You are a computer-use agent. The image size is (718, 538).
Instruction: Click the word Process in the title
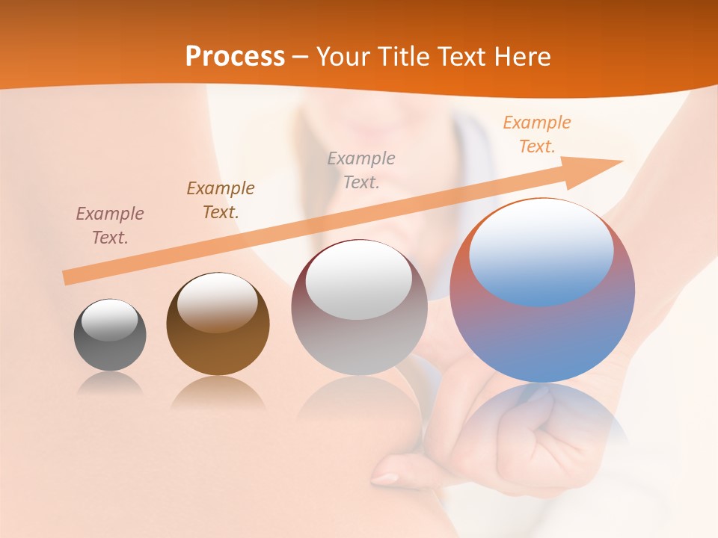(x=235, y=57)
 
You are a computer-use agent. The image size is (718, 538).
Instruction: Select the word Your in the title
(x=343, y=57)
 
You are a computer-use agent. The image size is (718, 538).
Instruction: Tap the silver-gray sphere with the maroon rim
(x=359, y=336)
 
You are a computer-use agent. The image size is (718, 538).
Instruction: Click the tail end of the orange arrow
(x=69, y=277)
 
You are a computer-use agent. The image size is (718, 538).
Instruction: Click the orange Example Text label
(x=536, y=134)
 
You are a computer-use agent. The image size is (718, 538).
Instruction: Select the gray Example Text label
(x=361, y=170)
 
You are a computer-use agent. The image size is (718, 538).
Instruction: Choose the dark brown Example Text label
(x=221, y=200)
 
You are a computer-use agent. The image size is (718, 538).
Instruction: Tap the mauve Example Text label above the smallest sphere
(x=110, y=225)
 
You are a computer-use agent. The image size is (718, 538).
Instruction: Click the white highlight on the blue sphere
(x=541, y=250)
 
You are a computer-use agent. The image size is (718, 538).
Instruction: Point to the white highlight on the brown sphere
(x=217, y=299)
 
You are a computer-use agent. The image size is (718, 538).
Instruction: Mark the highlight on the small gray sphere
(x=109, y=319)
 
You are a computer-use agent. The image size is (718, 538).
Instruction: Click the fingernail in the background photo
(x=387, y=478)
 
